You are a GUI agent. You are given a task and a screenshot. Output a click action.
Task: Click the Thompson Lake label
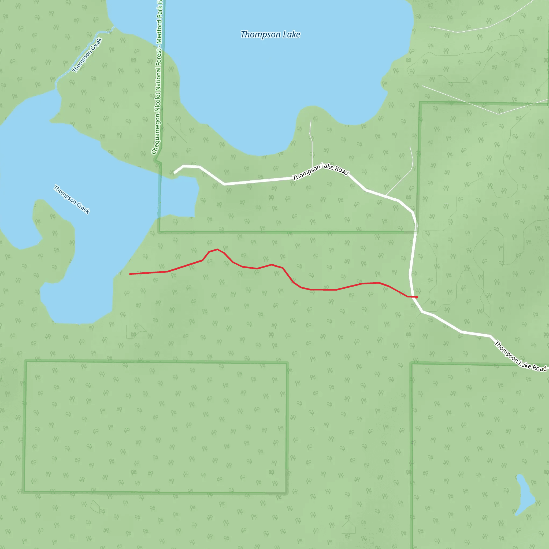pyautogui.click(x=270, y=34)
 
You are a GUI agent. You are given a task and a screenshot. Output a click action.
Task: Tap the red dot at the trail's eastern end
pyautogui.click(x=416, y=297)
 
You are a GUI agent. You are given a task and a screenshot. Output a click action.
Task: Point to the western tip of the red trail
pyautogui.click(x=130, y=274)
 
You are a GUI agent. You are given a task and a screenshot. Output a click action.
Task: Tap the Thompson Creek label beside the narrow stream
pyautogui.click(x=87, y=55)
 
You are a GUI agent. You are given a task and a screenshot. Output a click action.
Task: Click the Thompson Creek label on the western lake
pyautogui.click(x=72, y=199)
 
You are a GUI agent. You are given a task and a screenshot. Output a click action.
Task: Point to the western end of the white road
pyautogui.click(x=175, y=172)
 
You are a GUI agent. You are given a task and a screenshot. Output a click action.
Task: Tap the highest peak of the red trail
pyautogui.click(x=217, y=250)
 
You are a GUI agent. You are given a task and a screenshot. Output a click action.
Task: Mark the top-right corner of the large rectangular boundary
pyautogui.click(x=287, y=363)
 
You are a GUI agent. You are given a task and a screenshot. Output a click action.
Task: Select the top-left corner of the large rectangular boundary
pyautogui.click(x=26, y=361)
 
